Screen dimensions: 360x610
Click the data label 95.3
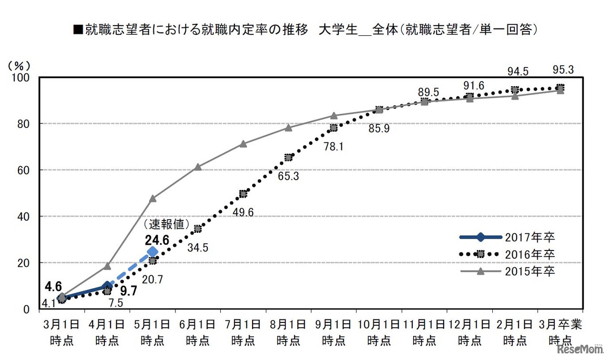[x=563, y=70]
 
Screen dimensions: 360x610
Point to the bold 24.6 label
[x=157, y=240]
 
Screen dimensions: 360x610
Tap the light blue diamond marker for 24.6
[x=152, y=251]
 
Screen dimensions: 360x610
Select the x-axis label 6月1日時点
[x=198, y=332]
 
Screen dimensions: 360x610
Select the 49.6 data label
[x=243, y=212]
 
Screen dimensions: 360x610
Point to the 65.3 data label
[x=288, y=176]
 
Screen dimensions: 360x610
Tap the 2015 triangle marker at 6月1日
[x=198, y=167]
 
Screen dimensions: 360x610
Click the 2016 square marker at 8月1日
[x=288, y=158]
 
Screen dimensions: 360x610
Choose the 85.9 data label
[x=379, y=129]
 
